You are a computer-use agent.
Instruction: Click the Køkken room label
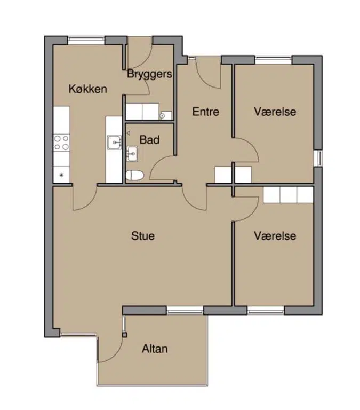[x=88, y=89]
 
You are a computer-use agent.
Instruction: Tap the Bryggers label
[x=150, y=74]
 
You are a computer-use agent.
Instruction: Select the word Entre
[x=206, y=112]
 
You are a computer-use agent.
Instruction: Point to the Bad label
[x=149, y=140]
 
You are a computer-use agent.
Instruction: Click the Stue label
[x=143, y=236]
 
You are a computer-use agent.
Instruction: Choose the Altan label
[x=155, y=349]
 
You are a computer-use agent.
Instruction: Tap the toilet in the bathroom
[x=135, y=175]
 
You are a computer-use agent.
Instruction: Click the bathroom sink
[x=132, y=154]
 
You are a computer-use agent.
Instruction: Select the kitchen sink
[x=114, y=143]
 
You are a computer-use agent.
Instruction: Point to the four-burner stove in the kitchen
[x=62, y=143]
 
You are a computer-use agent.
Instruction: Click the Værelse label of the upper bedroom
[x=275, y=112]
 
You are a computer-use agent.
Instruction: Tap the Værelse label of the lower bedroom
[x=275, y=236]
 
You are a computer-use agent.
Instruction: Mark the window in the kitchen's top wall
[x=86, y=40]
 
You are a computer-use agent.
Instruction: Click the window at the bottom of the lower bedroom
[x=266, y=310]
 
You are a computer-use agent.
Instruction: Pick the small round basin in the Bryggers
[x=163, y=115]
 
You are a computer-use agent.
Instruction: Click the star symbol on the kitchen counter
[x=62, y=175]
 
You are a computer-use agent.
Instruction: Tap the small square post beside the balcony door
[x=125, y=335]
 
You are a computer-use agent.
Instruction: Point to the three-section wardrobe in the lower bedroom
[x=288, y=195]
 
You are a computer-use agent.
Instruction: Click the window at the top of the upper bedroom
[x=273, y=60]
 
